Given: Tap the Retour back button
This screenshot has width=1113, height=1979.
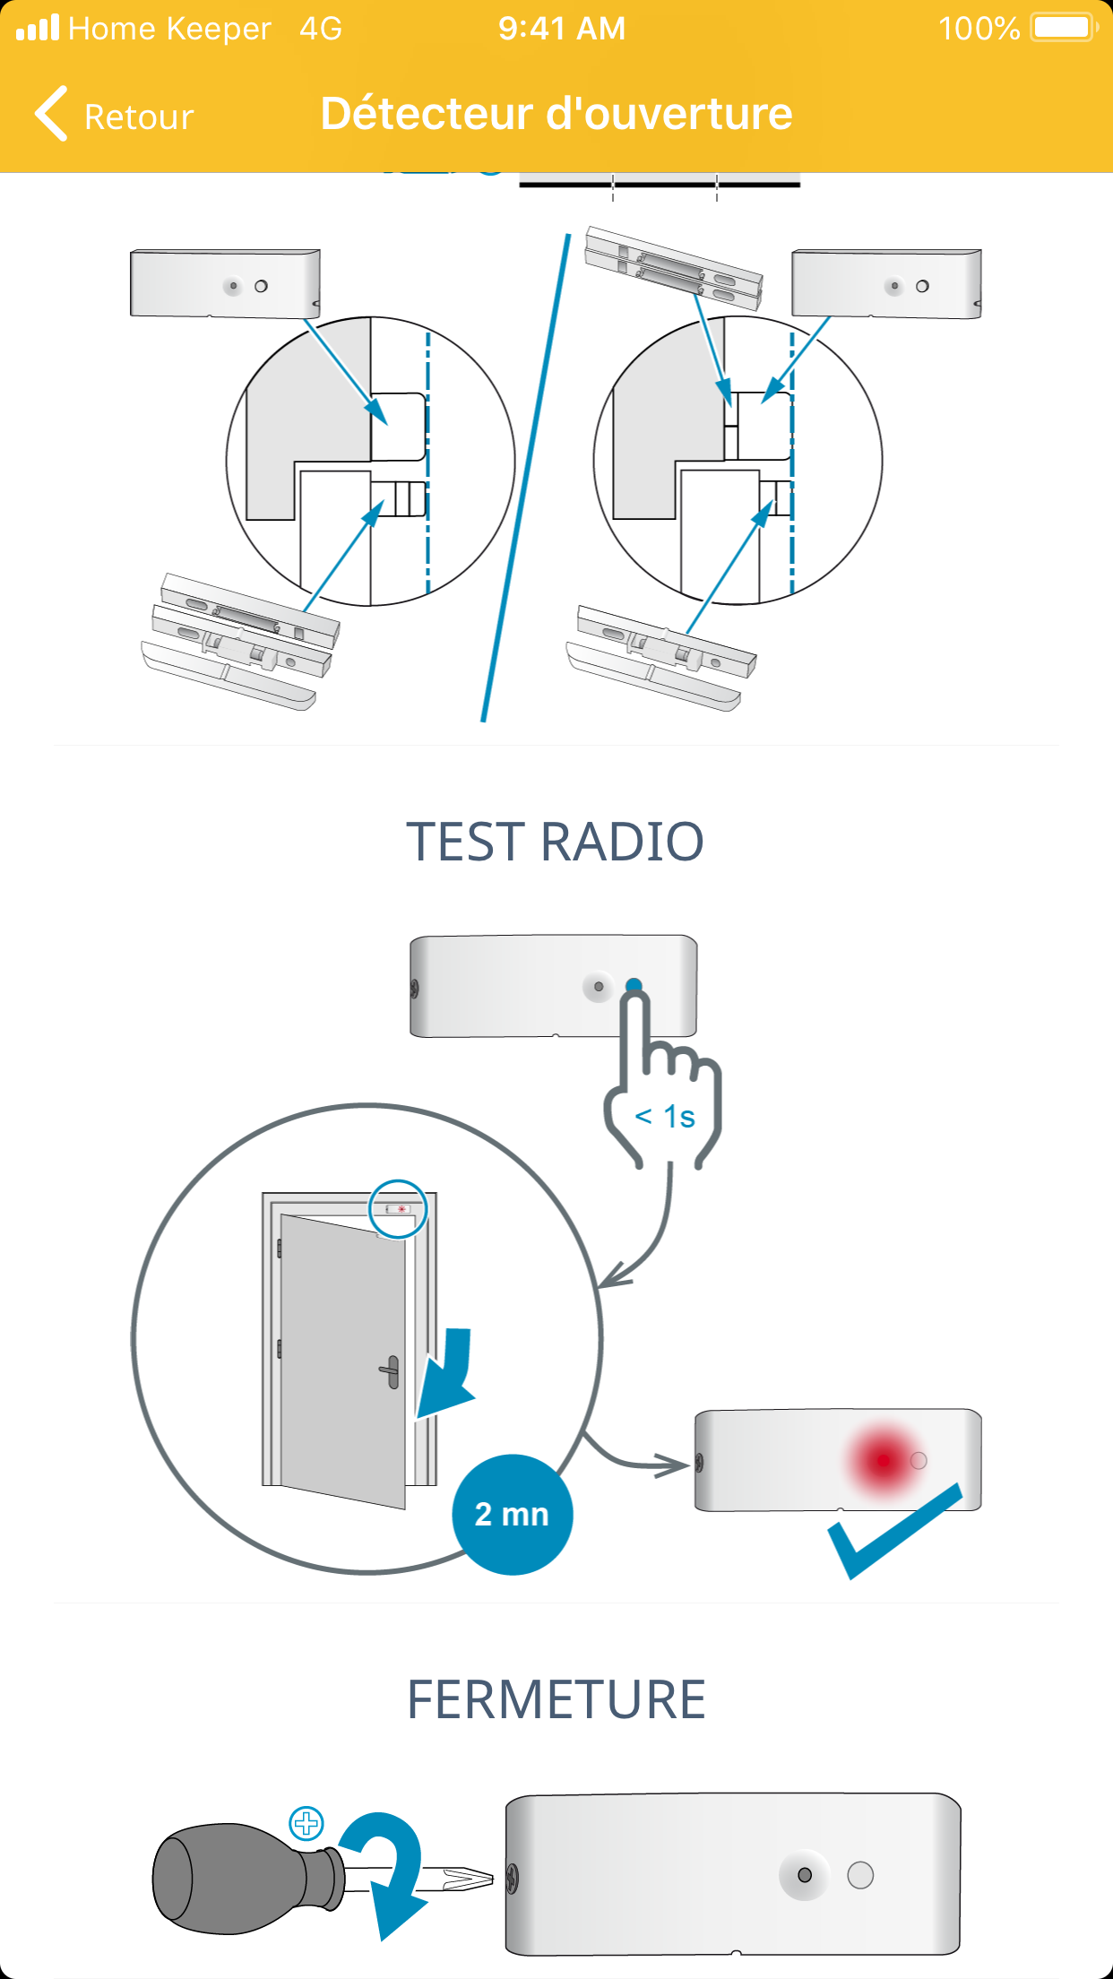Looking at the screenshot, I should pos(115,116).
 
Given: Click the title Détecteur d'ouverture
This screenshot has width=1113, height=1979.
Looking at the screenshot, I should pos(556,114).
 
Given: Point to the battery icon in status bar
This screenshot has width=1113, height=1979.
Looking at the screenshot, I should pos(1064,28).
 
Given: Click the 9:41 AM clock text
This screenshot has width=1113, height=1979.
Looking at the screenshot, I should pos(562,29).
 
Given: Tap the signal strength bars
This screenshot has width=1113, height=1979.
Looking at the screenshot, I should pos(38,28).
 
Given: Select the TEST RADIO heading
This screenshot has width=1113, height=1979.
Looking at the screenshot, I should pos(556,842).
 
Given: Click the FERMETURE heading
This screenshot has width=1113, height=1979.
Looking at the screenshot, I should pos(556,1699).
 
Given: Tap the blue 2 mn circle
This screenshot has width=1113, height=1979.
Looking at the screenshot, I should pos(512,1514).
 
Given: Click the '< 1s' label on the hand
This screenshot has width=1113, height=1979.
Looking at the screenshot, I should pos(665,1117).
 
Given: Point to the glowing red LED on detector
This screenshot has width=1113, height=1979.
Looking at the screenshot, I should pos(884,1460).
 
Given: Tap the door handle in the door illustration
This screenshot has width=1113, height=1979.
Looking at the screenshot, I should pos(391,1371).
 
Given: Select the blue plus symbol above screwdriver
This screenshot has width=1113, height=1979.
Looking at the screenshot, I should pos(306,1822).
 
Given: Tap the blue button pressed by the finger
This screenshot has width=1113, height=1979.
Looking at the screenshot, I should pos(634,986).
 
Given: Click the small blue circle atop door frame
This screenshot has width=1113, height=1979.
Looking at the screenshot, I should pos(398,1208).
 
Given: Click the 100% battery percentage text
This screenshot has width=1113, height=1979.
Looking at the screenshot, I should pos(979,29).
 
